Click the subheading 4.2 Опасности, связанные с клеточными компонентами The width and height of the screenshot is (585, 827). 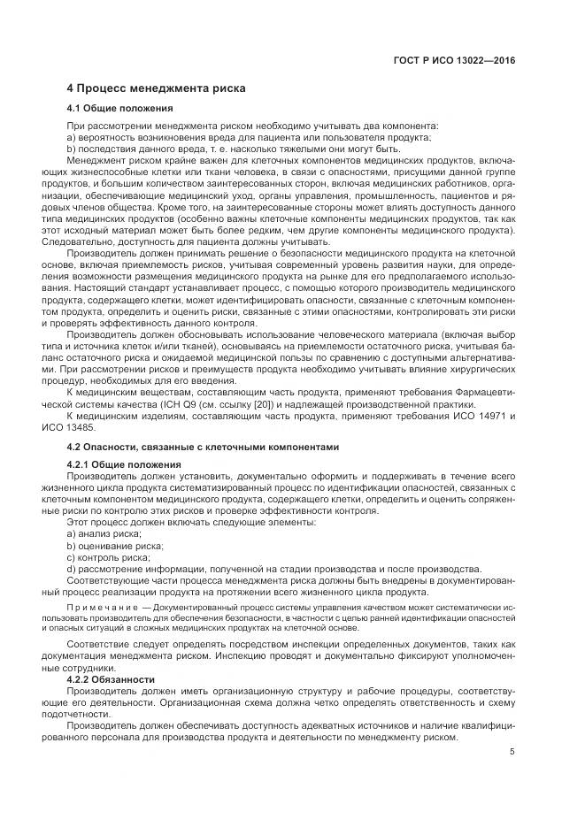coord(203,447)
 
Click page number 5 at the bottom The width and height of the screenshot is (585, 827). coord(512,752)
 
